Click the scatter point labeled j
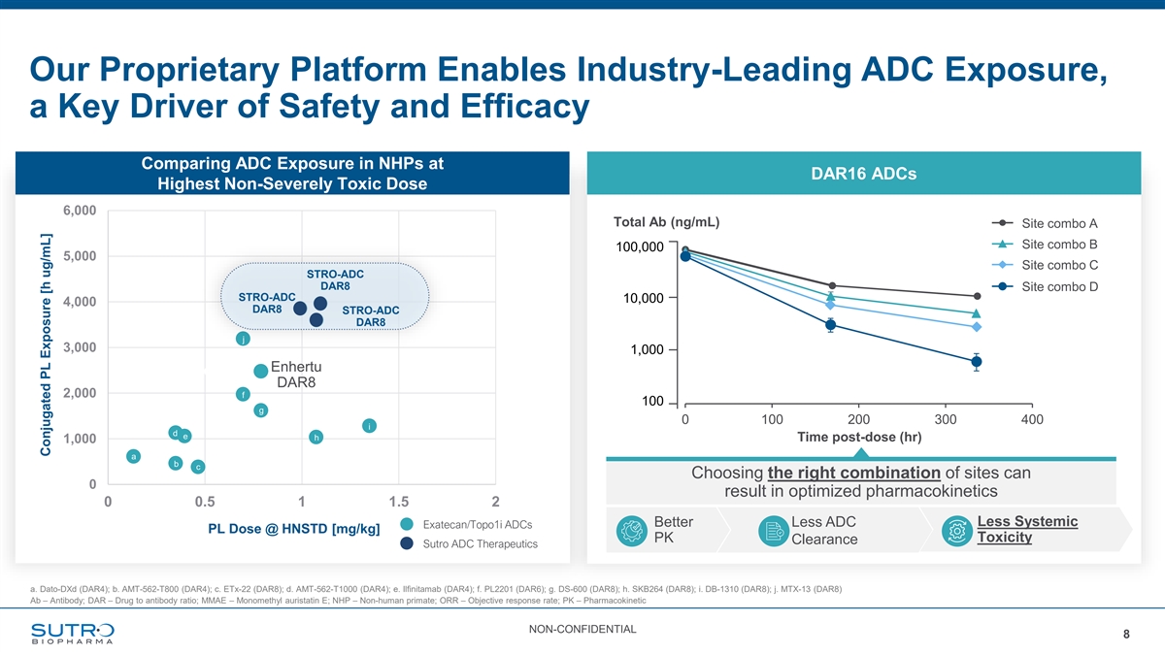coord(243,339)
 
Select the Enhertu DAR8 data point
coord(261,372)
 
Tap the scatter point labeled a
coord(133,456)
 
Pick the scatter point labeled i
coord(369,425)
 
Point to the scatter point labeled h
coord(316,438)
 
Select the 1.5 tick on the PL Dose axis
coord(399,501)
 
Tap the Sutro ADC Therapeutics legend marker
coord(407,543)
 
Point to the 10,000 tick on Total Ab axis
coord(641,298)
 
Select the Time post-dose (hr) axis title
coord(858,438)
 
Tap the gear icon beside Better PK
coord(632,530)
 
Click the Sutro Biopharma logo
coord(72,633)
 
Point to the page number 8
coord(1126,635)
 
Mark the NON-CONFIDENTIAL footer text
coord(582,630)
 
